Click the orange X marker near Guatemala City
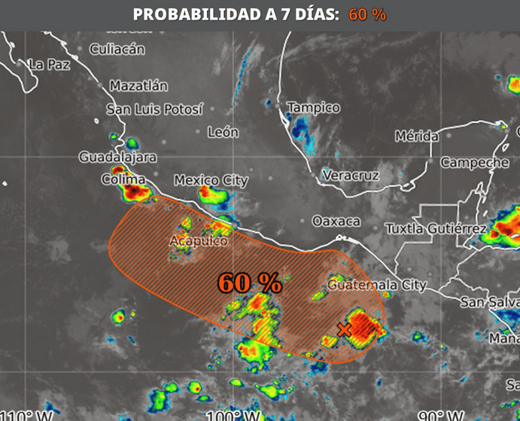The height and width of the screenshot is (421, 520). tap(345, 329)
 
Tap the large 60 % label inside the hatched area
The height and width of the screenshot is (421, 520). tap(250, 283)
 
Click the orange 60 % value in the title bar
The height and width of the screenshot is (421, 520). tap(367, 14)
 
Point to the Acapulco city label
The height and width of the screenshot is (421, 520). tap(198, 241)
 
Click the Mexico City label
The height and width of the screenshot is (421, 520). tap(211, 180)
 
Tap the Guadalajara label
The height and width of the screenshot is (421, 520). tap(118, 157)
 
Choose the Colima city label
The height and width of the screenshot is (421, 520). tap(123, 180)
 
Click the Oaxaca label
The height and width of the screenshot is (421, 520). tap(336, 221)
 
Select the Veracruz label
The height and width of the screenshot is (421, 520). tap(351, 175)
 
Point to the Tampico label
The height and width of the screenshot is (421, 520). tap(313, 108)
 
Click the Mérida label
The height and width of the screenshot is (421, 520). tap(417, 136)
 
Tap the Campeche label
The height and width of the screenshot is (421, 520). tap(475, 162)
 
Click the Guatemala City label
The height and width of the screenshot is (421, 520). tap(376, 285)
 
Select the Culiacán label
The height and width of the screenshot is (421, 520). tap(117, 49)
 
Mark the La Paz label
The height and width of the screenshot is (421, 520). tap(49, 65)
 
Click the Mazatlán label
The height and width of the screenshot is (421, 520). tap(138, 86)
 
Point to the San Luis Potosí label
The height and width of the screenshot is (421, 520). tap(154, 109)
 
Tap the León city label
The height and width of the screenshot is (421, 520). tap(223, 132)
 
